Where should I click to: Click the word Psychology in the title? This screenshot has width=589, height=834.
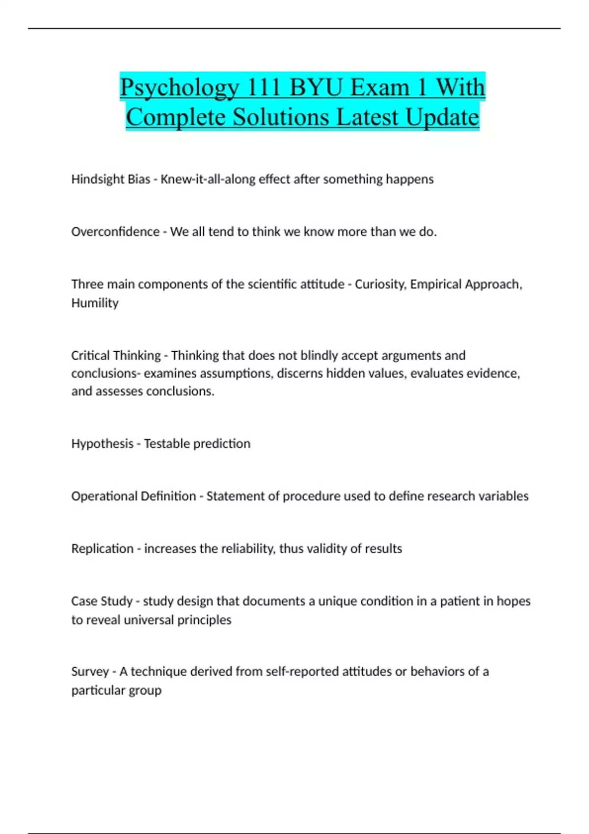coord(180,88)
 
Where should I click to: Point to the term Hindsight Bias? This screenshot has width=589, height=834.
coord(110,179)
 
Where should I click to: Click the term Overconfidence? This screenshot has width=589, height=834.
coord(115,232)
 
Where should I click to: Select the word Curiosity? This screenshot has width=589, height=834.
coord(380,285)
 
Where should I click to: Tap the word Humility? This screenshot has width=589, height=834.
coord(95,303)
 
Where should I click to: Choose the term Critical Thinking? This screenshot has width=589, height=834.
coord(116,355)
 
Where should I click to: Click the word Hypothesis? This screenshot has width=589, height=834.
coord(102,443)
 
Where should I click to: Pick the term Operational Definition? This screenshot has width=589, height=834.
coord(134,496)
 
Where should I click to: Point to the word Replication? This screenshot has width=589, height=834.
coord(102,548)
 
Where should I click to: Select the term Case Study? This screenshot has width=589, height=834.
coord(102,601)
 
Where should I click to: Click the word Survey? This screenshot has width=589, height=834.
coord(90,671)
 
